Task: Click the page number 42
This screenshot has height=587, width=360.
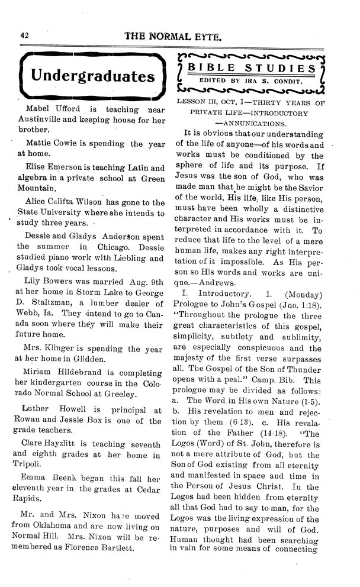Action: pyautogui.click(x=25, y=35)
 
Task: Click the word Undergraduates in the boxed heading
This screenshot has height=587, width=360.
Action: pyautogui.click(x=93, y=76)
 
